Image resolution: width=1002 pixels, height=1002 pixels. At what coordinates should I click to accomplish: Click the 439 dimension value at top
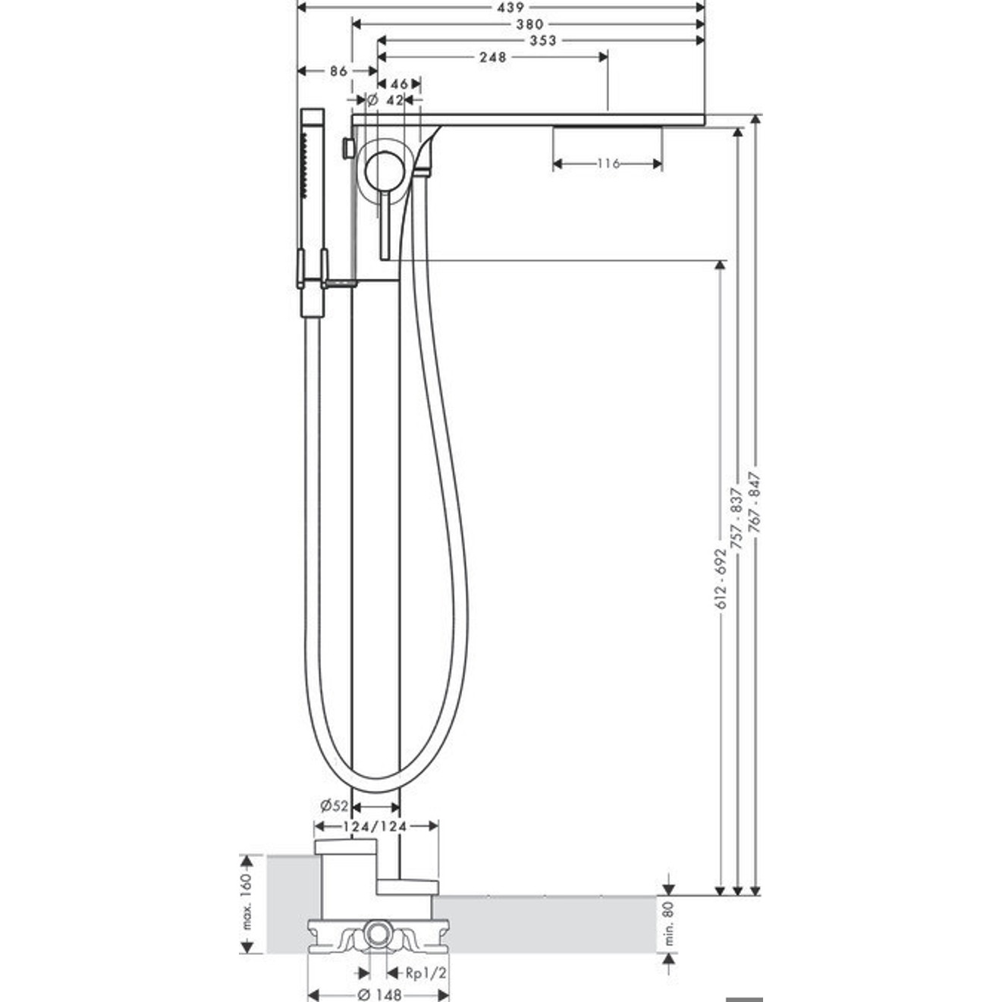(510, 8)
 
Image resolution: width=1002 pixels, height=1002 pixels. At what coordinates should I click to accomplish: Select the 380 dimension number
(529, 24)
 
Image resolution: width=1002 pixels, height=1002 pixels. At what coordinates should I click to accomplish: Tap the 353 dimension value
(542, 40)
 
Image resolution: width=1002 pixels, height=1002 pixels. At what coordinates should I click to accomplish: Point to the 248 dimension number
(492, 57)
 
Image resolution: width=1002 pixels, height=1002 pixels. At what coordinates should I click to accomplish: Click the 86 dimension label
(338, 71)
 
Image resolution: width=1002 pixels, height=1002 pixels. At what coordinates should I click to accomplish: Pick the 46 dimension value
(399, 84)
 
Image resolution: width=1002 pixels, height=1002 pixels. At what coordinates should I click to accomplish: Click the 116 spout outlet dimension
(608, 164)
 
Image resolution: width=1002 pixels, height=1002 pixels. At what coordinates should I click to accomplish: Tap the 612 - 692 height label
(721, 578)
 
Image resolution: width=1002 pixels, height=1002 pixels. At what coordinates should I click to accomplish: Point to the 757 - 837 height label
(736, 518)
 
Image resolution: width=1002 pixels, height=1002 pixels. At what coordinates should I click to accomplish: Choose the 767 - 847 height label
(755, 502)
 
